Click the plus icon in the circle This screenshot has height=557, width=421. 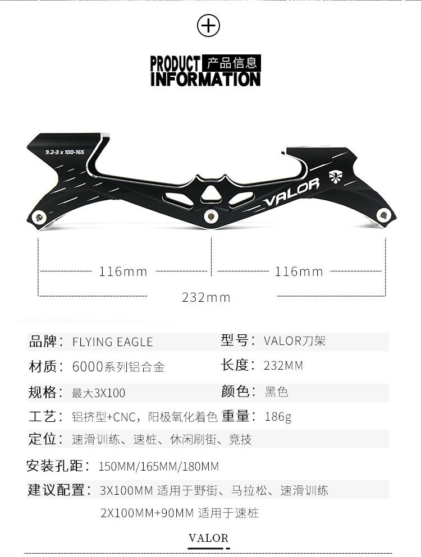(x=209, y=26)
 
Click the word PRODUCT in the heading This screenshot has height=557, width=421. (x=175, y=63)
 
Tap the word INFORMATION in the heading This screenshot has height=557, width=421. (x=205, y=79)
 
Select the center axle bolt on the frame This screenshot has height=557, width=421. (x=211, y=215)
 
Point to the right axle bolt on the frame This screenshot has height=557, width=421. (x=384, y=214)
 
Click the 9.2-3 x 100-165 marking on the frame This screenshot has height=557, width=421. (x=65, y=152)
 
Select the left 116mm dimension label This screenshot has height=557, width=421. (x=123, y=272)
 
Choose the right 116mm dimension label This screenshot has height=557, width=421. (x=299, y=272)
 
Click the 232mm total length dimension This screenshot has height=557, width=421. (x=206, y=297)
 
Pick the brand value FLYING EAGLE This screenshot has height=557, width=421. (x=112, y=342)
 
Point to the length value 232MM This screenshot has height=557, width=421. (x=283, y=366)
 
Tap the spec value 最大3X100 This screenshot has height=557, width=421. (x=98, y=393)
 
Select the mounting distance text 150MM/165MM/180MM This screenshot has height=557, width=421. (x=158, y=466)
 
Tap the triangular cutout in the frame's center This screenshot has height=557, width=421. (x=211, y=192)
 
